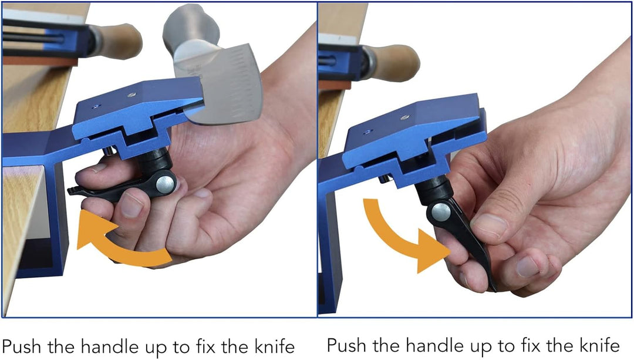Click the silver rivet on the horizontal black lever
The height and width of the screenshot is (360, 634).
165,183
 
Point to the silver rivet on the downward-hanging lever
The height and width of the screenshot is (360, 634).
441,211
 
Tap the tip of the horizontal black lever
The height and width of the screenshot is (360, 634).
69,190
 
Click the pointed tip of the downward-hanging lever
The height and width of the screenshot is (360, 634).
494,289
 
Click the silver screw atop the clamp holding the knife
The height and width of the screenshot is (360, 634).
130,95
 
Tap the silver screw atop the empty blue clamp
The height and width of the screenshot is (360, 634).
404,117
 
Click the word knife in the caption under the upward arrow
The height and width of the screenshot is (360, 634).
274,346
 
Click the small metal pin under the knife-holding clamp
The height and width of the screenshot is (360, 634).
109,152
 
